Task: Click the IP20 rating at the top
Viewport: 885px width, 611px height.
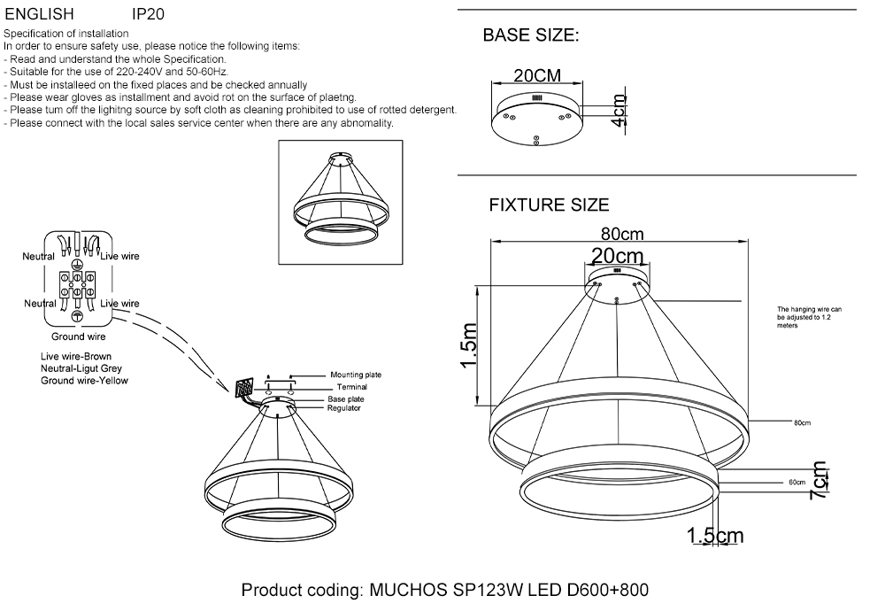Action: coord(148,15)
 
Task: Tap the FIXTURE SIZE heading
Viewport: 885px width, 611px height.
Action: coord(549,205)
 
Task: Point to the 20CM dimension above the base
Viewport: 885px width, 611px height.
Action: coord(537,76)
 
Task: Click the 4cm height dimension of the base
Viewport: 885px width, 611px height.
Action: coord(619,112)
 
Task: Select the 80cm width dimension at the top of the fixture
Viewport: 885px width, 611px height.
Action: coord(622,234)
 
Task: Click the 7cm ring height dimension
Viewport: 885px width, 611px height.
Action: coord(820,482)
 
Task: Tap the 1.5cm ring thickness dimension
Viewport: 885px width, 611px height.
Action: coord(715,536)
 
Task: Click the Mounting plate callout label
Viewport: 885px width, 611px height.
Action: coord(355,375)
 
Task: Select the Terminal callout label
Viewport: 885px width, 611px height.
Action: coord(350,387)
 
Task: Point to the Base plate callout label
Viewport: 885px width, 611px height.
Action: coord(345,399)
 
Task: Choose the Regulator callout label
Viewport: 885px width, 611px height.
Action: coord(343,408)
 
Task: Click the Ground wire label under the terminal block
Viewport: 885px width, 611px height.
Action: coord(79,336)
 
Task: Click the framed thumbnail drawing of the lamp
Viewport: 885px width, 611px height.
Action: coord(341,202)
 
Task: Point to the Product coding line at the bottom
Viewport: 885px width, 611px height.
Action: coord(450,591)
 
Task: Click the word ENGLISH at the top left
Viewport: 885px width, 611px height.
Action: coord(39,15)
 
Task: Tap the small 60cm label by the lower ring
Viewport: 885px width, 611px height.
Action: coord(796,483)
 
